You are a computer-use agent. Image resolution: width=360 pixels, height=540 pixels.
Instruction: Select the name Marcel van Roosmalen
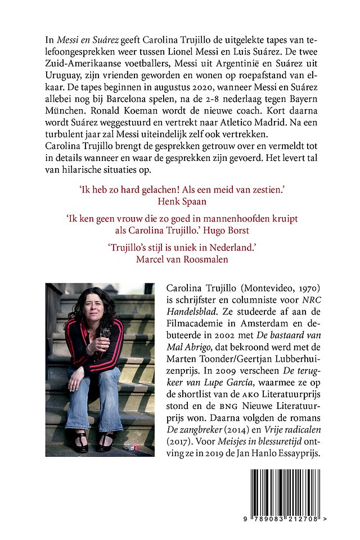click(180, 259)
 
